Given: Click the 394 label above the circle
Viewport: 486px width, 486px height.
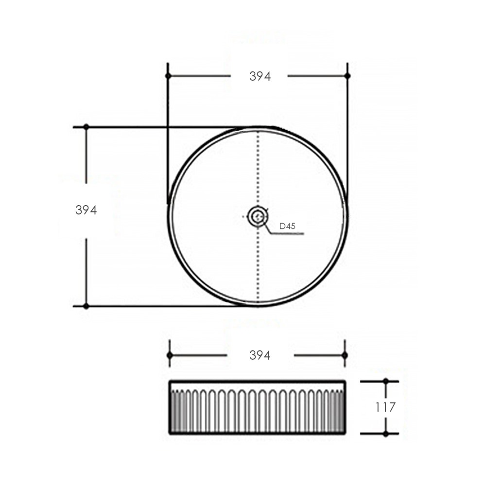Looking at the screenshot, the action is pos(260,76).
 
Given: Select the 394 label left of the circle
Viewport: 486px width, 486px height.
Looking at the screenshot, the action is pos(86,210).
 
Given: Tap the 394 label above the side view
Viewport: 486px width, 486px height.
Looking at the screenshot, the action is pos(260,355).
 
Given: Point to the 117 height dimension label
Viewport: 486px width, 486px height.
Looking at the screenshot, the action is pos(385,407).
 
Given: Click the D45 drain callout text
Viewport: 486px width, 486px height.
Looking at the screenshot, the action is pos(287,226).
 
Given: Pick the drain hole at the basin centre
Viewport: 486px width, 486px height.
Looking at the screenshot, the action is pos(257,216).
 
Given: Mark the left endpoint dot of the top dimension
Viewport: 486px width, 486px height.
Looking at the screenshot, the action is pos(168,76).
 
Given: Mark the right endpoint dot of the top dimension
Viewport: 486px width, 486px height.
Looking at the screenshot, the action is pos(347,76).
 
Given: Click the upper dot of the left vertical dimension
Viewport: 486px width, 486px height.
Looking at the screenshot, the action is pos(86,127).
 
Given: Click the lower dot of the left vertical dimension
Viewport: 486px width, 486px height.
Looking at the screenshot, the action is pos(86,306).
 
